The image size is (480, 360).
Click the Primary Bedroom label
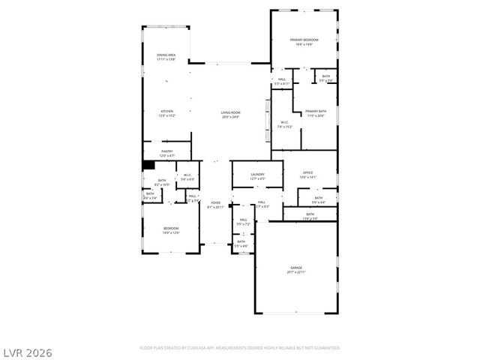[304, 40]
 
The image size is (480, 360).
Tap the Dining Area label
[166, 55]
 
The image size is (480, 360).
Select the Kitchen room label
[166, 112]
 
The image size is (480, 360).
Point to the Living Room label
[229, 112]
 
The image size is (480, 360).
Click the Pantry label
[166, 151]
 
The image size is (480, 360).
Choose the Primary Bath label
[315, 112]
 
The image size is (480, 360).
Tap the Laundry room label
[257, 174]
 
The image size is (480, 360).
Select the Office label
[307, 172]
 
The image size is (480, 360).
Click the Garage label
[296, 267]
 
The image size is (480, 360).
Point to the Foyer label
[215, 202]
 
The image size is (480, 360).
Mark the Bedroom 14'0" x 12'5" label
[171, 228]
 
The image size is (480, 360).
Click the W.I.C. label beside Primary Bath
[285, 122]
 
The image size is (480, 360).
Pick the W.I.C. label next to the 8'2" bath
[187, 175]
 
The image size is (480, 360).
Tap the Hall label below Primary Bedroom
[282, 79]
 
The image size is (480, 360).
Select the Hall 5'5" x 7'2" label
[243, 220]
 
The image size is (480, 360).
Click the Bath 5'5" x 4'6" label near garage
[241, 241]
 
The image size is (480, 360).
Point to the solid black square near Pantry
[148, 166]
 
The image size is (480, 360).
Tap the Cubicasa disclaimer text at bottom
[239, 348]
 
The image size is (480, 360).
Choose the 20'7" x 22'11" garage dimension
[296, 271]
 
